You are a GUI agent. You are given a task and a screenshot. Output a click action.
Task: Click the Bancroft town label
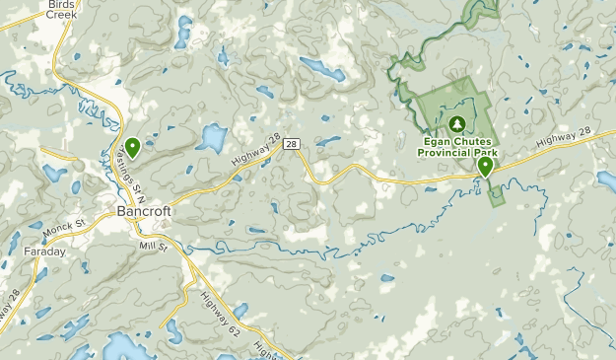point(144,211)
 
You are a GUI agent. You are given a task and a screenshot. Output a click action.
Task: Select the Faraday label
point(44,252)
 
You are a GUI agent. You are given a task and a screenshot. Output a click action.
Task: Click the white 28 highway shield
point(292,144)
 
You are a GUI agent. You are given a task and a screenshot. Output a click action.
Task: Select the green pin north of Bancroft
point(132,147)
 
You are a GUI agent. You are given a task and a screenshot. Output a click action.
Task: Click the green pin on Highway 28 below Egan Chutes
point(485,167)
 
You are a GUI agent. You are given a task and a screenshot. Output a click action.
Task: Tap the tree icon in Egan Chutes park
point(456,124)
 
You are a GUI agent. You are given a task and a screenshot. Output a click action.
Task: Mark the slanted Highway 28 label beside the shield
point(252,152)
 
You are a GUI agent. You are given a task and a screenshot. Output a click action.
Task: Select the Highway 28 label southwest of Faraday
point(12,308)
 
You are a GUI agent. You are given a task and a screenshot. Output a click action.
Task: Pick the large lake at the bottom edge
point(123,347)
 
